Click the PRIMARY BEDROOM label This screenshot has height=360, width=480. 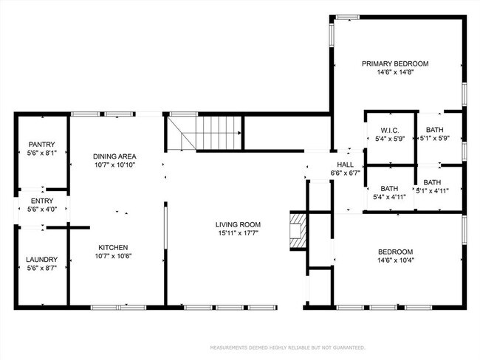pos(394,63)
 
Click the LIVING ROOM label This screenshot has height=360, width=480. pos(237,225)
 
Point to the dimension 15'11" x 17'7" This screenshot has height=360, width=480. pos(237,234)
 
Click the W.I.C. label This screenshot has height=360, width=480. pos(390,130)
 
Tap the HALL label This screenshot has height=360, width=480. pos(346,165)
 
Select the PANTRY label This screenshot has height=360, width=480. pos(42,145)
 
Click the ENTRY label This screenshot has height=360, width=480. pos(42,201)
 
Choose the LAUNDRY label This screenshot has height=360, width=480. pos(42,260)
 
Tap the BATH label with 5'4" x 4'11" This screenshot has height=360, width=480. pos(390,188)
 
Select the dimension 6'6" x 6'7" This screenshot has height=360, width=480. pos(346,174)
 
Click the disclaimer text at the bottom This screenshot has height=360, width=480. pos(287,347)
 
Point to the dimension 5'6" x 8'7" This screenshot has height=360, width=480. pos(42,269)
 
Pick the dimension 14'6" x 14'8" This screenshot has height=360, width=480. pos(394,72)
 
